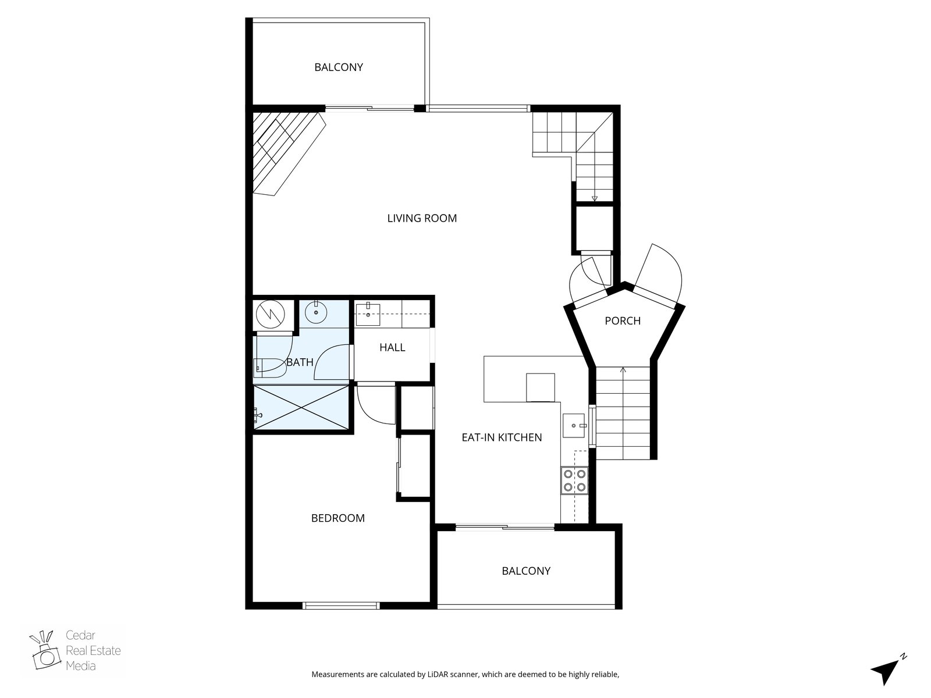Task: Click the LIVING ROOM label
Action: pyautogui.click(x=422, y=218)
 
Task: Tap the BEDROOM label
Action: pyautogui.click(x=337, y=518)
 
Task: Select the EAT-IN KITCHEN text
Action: pyautogui.click(x=502, y=437)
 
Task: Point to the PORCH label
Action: pyautogui.click(x=622, y=321)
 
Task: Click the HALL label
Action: pyautogui.click(x=392, y=347)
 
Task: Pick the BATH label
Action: pyautogui.click(x=300, y=362)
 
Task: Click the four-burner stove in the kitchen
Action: pyautogui.click(x=574, y=480)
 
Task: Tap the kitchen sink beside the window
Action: pyautogui.click(x=574, y=426)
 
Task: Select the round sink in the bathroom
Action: pyautogui.click(x=316, y=312)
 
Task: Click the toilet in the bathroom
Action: pyautogui.click(x=267, y=368)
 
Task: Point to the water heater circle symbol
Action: pyautogui.click(x=270, y=314)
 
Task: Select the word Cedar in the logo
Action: pyautogui.click(x=80, y=635)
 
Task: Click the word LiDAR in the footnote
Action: pyautogui.click(x=438, y=674)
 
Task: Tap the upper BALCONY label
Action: pyautogui.click(x=339, y=67)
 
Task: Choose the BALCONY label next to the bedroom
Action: pyautogui.click(x=526, y=571)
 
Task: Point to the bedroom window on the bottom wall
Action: pyautogui.click(x=342, y=606)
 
